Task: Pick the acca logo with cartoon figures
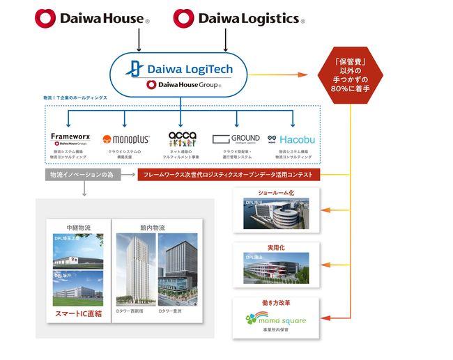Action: [183, 139]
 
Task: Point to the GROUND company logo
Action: [237, 139]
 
